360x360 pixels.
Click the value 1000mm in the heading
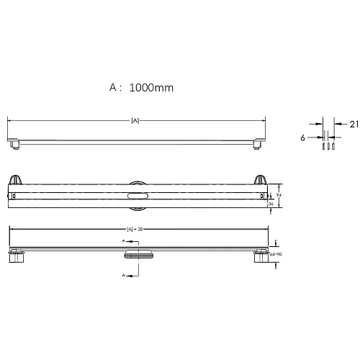152,88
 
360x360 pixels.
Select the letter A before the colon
113,88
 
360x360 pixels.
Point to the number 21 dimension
354,124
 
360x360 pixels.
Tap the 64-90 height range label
274,253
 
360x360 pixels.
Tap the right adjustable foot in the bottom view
258,256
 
